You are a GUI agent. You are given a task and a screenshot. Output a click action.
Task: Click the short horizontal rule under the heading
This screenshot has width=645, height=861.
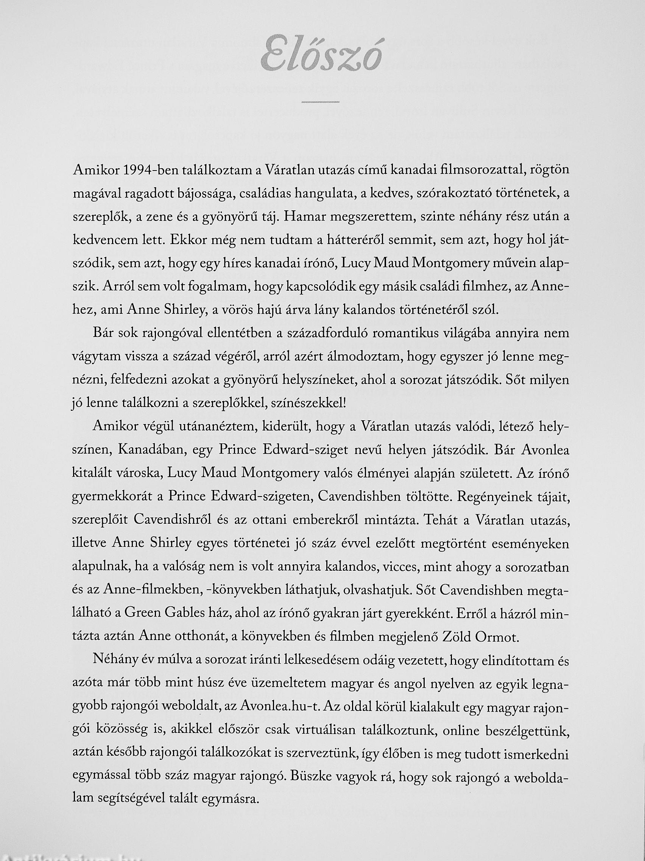pos(321,102)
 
